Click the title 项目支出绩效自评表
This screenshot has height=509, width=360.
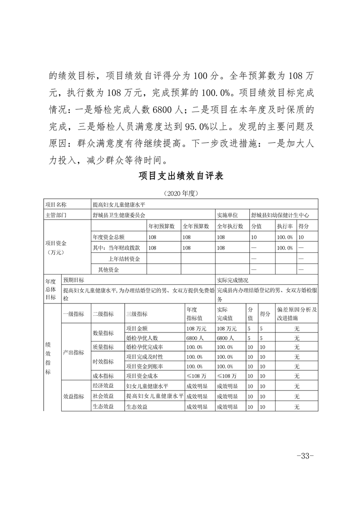pyautogui.click(x=180, y=176)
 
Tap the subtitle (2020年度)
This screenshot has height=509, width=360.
pyautogui.click(x=180, y=193)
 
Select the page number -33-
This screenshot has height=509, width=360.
pyautogui.click(x=305, y=456)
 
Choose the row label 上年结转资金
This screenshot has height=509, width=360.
pyautogui.click(x=124, y=259)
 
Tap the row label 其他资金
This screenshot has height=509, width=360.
pyautogui.click(x=108, y=269)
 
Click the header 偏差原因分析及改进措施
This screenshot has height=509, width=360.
pyautogui.click(x=296, y=313)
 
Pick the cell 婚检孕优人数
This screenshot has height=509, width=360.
pyautogui.click(x=141, y=338)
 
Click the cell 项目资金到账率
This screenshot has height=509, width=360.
pyautogui.click(x=144, y=366)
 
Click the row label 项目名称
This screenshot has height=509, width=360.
pyautogui.click(x=56, y=205)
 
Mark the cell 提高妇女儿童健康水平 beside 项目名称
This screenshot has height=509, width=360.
pyautogui.click(x=118, y=205)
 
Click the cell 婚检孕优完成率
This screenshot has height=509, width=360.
pyautogui.click(x=144, y=347)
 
